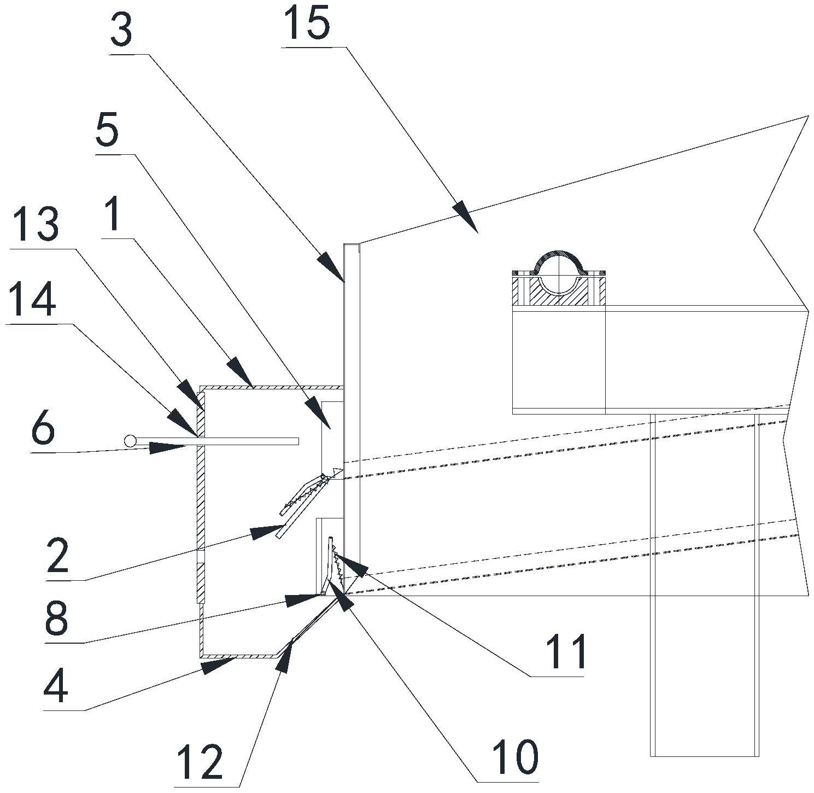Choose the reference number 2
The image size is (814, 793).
pyautogui.click(x=58, y=556)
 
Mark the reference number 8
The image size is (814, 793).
pyautogui.click(x=56, y=619)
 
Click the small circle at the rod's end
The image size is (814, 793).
pyautogui.click(x=130, y=441)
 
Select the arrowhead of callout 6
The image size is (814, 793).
pyautogui.click(x=167, y=447)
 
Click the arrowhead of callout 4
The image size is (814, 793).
pyautogui.click(x=218, y=666)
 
